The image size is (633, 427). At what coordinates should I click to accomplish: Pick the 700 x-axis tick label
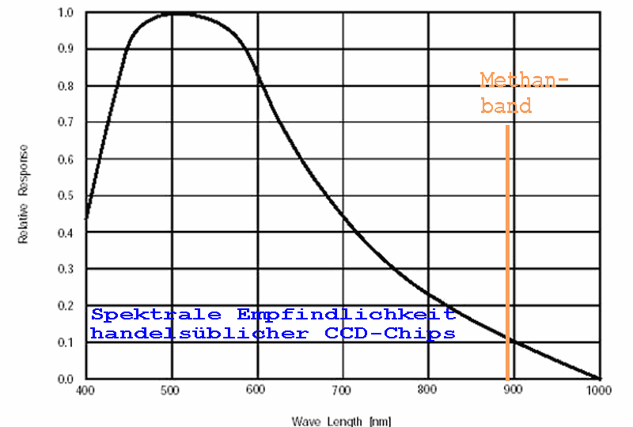point(342,391)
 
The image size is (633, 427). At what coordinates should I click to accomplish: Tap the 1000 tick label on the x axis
point(599,391)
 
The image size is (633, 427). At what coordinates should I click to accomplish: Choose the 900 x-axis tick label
point(514,391)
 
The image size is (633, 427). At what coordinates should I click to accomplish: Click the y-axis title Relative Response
point(24,194)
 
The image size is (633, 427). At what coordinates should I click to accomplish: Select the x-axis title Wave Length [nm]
point(342,421)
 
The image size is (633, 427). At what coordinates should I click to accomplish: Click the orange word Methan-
point(525,80)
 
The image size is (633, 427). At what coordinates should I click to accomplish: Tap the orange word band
point(506,106)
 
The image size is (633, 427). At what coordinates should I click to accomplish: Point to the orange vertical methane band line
point(506,253)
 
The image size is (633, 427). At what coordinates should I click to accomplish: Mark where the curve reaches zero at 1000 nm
point(598,379)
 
